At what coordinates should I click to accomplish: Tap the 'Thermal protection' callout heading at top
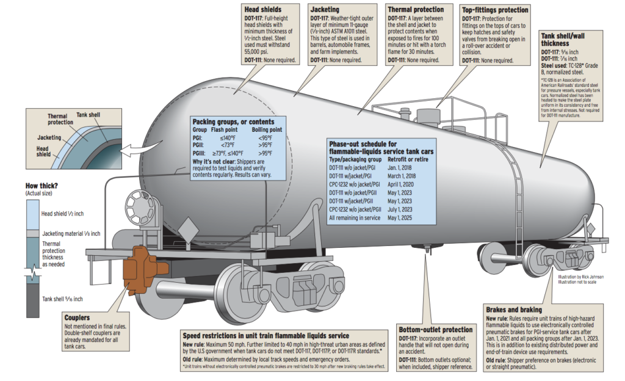(x=416, y=10)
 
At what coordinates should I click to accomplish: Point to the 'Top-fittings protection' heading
(x=495, y=10)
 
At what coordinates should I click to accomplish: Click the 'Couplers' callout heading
(x=78, y=317)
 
